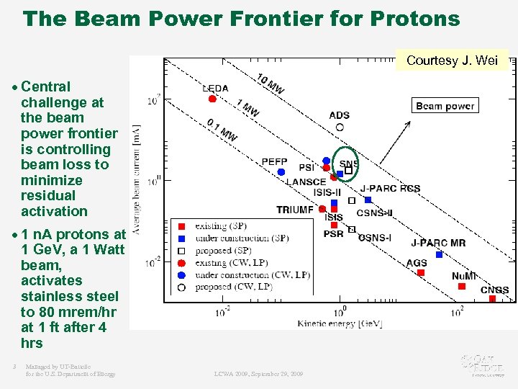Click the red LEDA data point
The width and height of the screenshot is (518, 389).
[x=212, y=99]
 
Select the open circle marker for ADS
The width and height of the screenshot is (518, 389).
[x=340, y=127]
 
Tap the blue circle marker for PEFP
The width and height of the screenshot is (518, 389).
[x=281, y=172]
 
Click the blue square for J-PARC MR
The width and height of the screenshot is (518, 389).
[x=439, y=254]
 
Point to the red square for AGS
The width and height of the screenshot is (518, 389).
[x=421, y=272]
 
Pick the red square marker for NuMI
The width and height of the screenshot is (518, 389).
[x=461, y=286]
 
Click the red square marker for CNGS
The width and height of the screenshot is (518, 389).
[x=492, y=298]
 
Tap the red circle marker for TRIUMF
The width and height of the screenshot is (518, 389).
[x=322, y=209]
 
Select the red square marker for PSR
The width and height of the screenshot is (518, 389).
[x=334, y=225]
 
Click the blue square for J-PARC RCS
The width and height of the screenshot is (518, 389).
[x=368, y=200]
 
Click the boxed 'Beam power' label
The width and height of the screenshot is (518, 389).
[x=445, y=106]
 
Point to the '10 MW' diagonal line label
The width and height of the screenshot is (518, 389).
[x=271, y=84]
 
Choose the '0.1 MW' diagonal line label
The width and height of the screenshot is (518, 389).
[x=222, y=130]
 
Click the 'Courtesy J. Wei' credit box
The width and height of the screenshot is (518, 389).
[x=452, y=61]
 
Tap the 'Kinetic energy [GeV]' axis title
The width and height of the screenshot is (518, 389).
[x=340, y=323]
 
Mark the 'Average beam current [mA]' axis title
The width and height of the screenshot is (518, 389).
[x=136, y=179]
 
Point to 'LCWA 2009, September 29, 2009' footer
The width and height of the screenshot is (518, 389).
[x=258, y=374]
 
